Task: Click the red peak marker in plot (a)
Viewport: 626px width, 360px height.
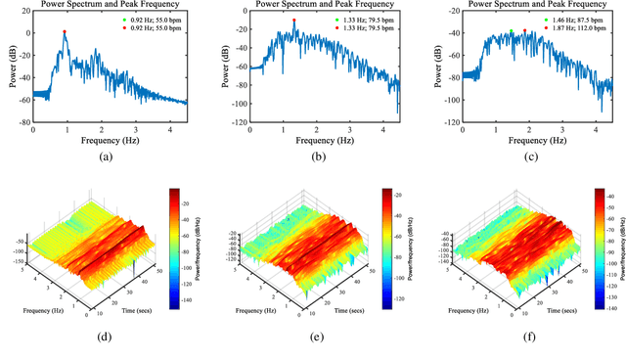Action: coord(65,31)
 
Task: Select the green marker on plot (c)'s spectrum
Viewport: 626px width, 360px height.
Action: coord(511,31)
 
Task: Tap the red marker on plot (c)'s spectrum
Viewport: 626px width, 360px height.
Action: coord(525,30)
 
